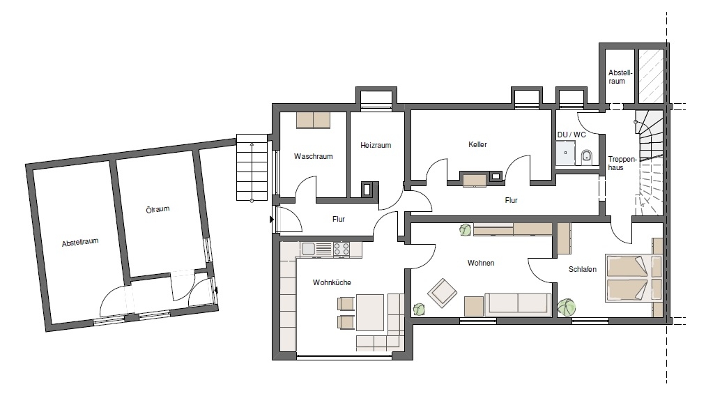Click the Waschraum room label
click(314, 156)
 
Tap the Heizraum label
click(376, 145)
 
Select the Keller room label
click(477, 144)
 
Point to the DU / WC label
click(571, 135)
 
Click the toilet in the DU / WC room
click(586, 156)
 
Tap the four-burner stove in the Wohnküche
click(341, 249)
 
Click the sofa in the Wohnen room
click(518, 303)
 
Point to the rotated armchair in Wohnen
click(442, 292)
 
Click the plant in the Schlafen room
click(567, 307)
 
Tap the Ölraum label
click(158, 209)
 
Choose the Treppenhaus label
click(616, 163)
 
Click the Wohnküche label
click(332, 282)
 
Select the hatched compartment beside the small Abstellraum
click(651, 76)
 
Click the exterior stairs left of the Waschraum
click(252, 167)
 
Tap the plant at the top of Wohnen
click(465, 230)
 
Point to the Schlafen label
click(583, 269)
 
